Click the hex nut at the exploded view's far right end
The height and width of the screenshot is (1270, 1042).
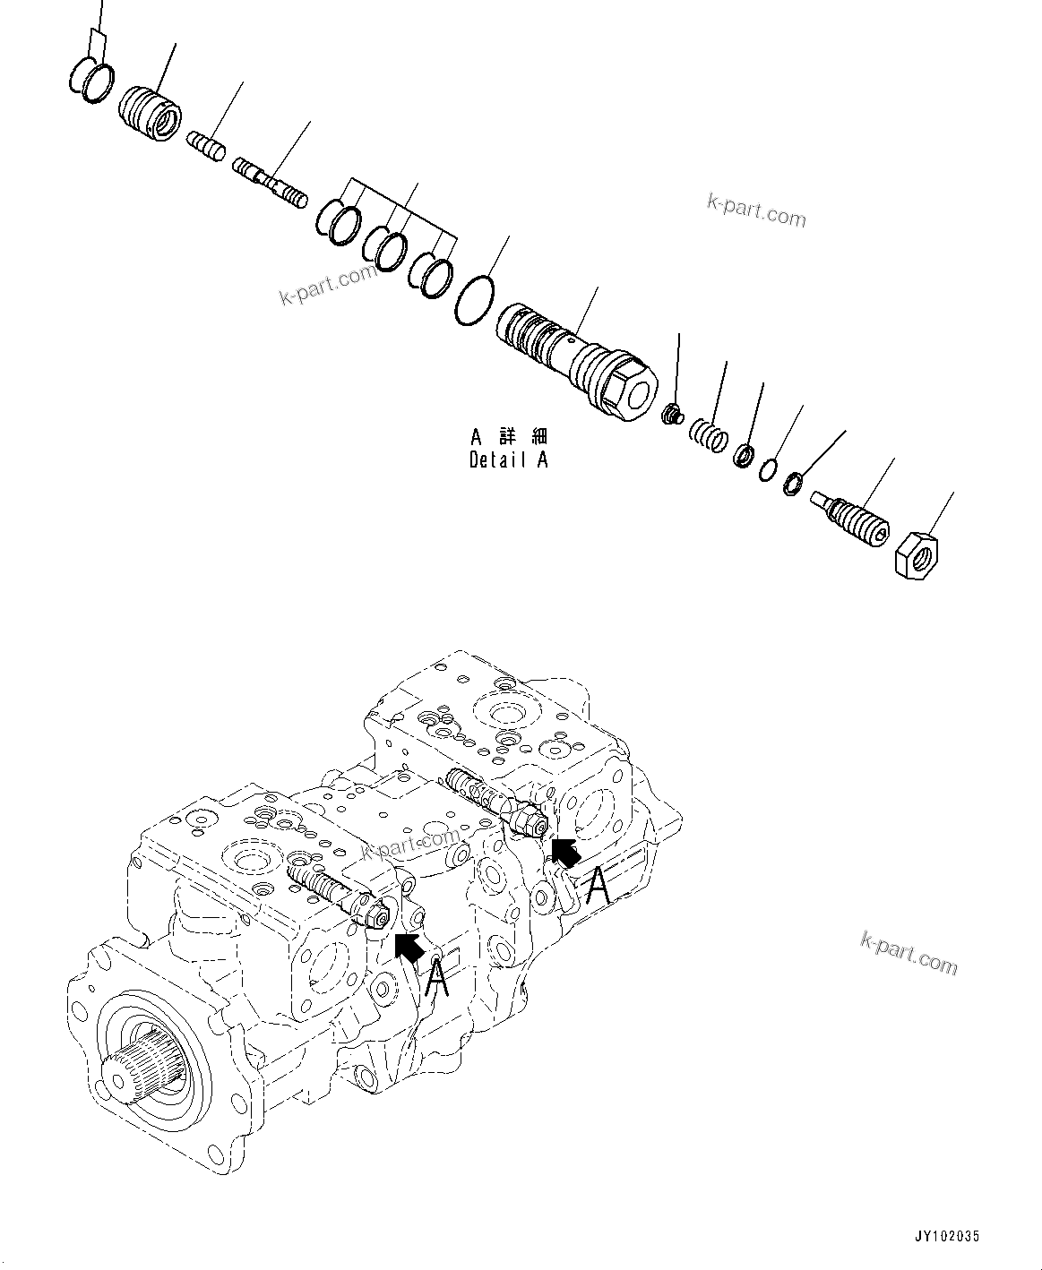coord(915,553)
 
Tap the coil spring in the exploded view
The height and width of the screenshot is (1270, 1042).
coord(708,436)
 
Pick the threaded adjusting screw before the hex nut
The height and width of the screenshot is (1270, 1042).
coord(849,517)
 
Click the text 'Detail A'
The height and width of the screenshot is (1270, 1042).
coord(508,459)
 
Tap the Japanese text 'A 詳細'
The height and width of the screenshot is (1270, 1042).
coord(508,437)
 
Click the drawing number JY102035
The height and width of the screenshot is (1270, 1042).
coord(947,1235)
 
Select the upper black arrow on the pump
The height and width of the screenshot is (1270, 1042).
coord(565,851)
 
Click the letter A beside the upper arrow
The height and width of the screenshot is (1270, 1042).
coord(599,887)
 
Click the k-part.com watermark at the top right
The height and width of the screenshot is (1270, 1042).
coord(756,211)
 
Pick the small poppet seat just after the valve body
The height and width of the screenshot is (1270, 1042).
coord(671,415)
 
